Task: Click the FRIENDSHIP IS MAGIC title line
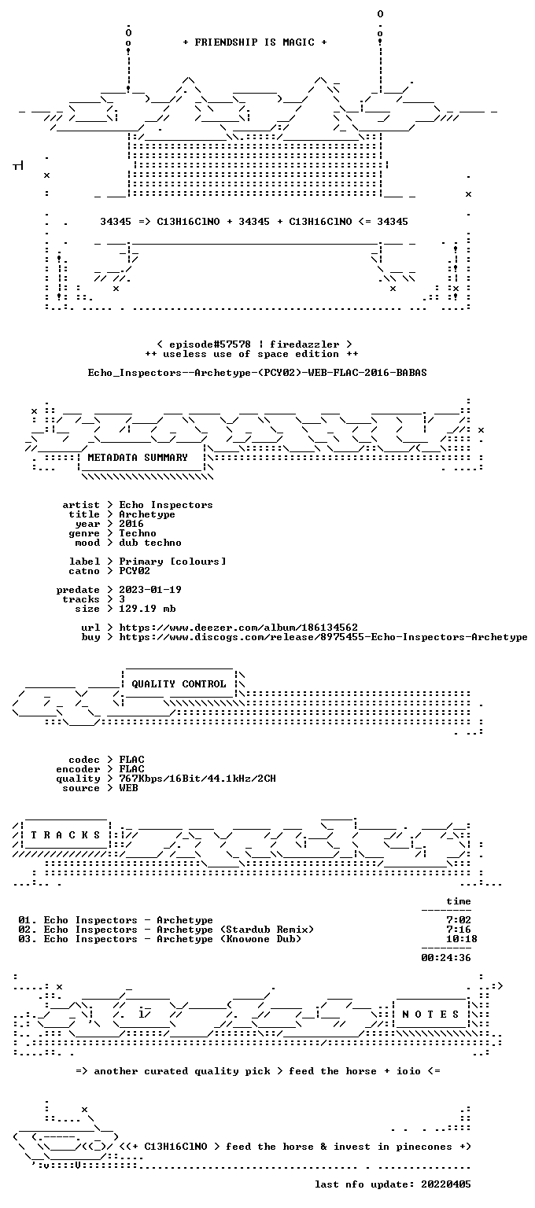tap(255, 42)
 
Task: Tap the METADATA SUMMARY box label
tap(138, 457)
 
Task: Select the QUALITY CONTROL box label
tap(179, 683)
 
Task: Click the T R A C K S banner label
tap(65, 834)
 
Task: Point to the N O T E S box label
tap(430, 1014)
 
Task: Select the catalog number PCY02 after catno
tap(135, 570)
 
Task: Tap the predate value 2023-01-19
tap(150, 589)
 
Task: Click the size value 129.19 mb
tap(147, 608)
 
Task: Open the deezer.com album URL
tap(238, 627)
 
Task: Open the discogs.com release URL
tap(323, 637)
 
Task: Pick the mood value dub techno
tap(150, 543)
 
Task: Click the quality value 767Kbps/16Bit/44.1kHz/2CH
tap(197, 778)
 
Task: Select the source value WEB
tap(128, 788)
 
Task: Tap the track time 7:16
tap(459, 929)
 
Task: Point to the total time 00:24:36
tap(446, 958)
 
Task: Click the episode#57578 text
tap(210, 344)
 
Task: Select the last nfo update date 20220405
tap(446, 1184)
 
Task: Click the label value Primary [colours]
tap(172, 562)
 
